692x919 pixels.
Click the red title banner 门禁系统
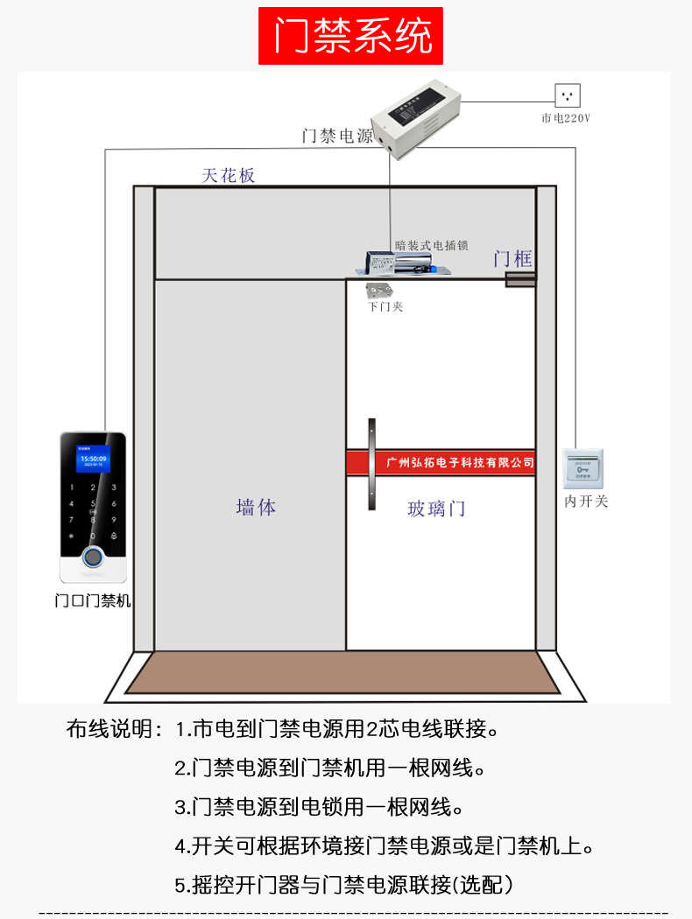point(350,36)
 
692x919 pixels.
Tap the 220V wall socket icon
point(568,95)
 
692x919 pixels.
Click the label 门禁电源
point(337,137)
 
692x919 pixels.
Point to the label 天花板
point(229,175)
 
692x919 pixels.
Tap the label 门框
point(512,258)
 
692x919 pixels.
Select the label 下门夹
point(385,307)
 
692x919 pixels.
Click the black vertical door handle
point(372,465)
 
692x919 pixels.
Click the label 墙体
point(256,507)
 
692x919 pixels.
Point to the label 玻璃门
point(436,509)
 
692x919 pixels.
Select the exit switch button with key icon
point(583,468)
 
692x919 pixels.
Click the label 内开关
point(585,502)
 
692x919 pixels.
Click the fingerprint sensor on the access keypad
point(92,558)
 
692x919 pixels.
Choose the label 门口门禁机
point(92,601)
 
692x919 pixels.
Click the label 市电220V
point(566,117)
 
